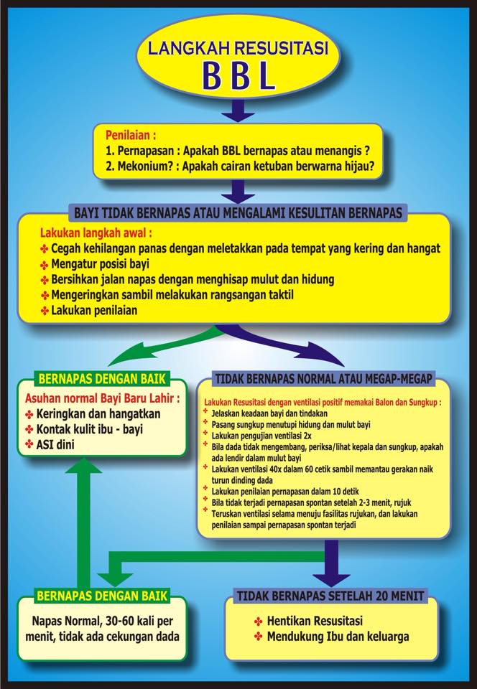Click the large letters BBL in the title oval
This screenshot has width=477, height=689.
pos(238,75)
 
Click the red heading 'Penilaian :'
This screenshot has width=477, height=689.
pos(131,135)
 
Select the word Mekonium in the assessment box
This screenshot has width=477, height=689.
pos(142,167)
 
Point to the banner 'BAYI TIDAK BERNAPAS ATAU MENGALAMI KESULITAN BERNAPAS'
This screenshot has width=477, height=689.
pos(238,213)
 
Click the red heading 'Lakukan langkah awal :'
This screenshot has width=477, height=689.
pos(96,233)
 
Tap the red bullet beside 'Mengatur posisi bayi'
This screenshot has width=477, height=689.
pos(45,265)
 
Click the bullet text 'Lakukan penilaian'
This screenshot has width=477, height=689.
pos(94,310)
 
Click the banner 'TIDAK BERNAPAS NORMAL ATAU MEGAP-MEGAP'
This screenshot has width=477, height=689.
pos(323,379)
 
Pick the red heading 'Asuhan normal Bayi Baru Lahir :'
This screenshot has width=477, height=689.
pos(102,398)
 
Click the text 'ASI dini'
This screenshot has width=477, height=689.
pos(55,445)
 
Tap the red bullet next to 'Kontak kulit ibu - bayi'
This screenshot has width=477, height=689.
pos(29,429)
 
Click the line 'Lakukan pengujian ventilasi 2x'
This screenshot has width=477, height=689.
pos(261,436)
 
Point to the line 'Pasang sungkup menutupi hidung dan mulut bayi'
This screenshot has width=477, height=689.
pos(291,424)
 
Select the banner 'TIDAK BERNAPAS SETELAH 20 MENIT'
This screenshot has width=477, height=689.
pos(330,596)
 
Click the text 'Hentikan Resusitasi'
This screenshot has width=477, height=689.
pos(315,621)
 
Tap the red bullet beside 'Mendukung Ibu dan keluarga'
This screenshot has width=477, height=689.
pos(259,637)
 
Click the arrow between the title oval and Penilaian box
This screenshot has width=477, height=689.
pos(238,111)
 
